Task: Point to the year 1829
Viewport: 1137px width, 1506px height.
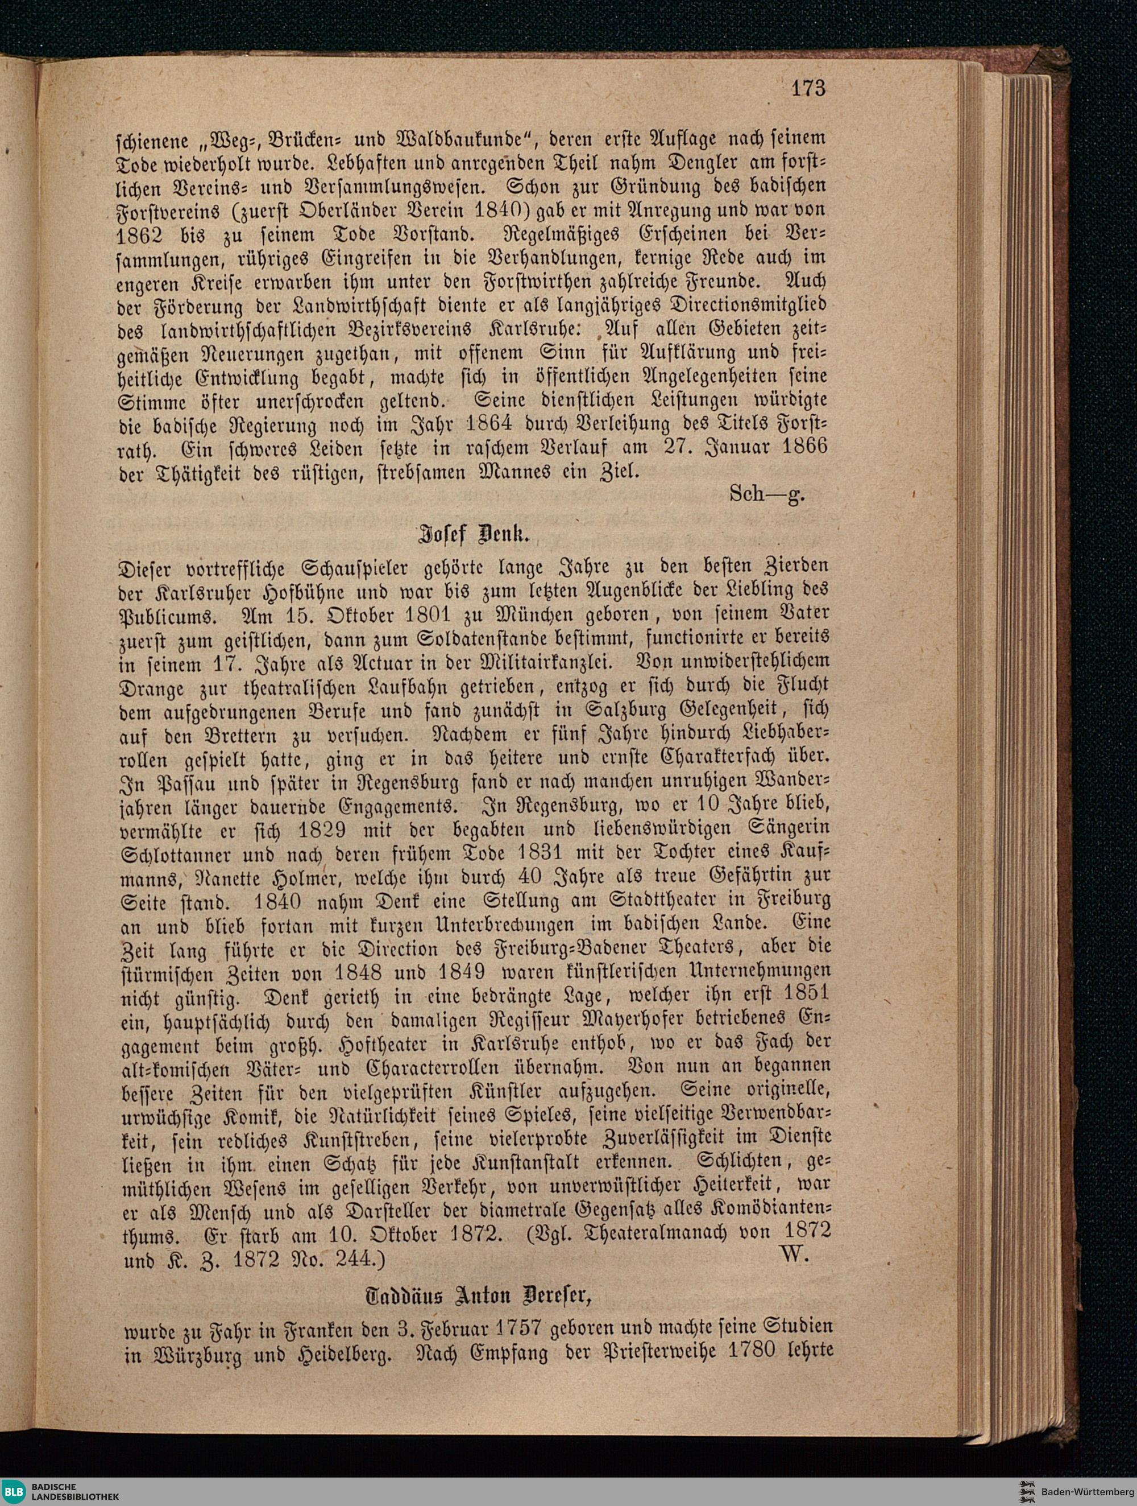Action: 321,830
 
